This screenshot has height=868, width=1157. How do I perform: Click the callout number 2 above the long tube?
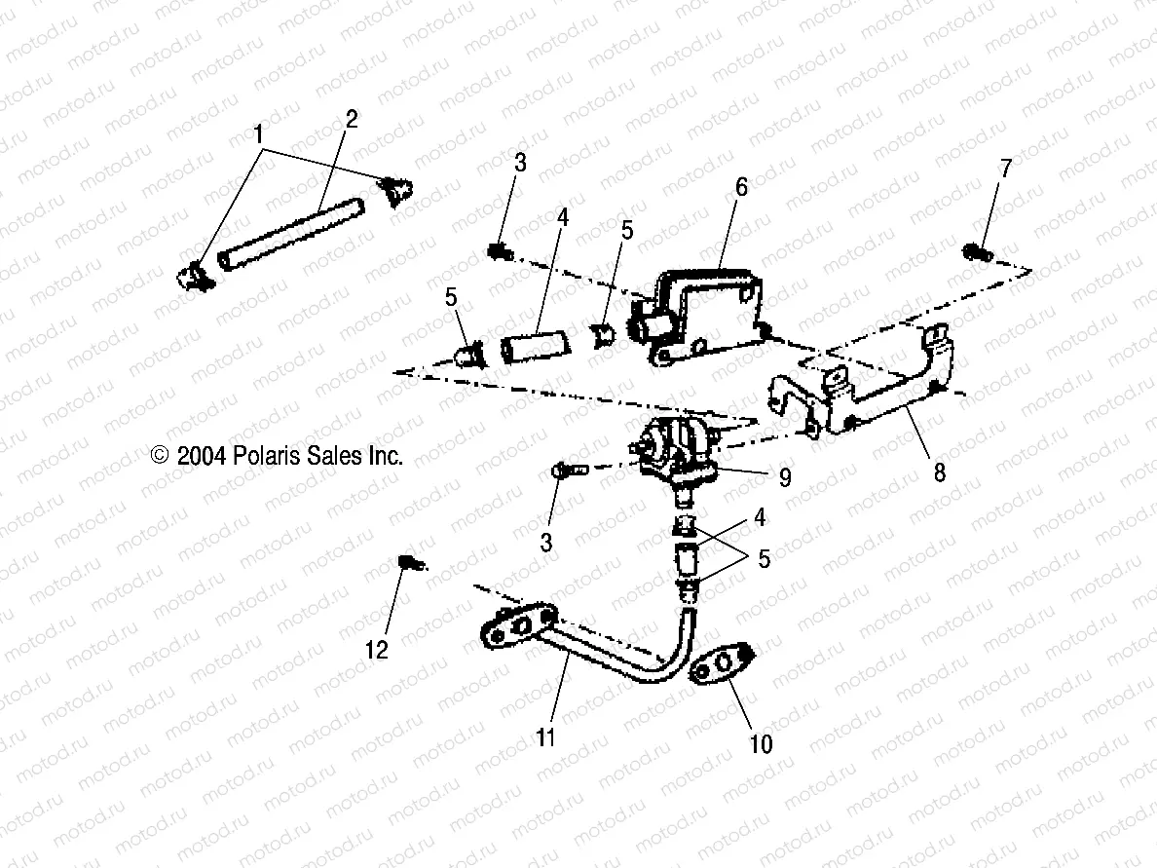click(352, 120)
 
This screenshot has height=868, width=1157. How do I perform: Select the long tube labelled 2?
click(291, 234)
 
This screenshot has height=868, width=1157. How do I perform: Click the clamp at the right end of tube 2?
click(397, 190)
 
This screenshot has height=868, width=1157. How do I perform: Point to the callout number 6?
click(741, 187)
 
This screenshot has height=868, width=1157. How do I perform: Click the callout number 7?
click(1005, 168)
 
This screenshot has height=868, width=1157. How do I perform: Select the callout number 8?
click(939, 474)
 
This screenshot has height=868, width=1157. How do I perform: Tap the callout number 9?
click(784, 478)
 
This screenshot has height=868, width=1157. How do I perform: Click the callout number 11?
click(545, 737)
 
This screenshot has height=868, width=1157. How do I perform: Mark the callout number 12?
click(377, 650)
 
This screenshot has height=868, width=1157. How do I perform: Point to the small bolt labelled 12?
click(410, 562)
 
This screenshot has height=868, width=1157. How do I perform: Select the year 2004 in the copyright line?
click(202, 456)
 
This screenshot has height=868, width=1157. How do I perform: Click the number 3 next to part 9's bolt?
click(546, 541)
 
